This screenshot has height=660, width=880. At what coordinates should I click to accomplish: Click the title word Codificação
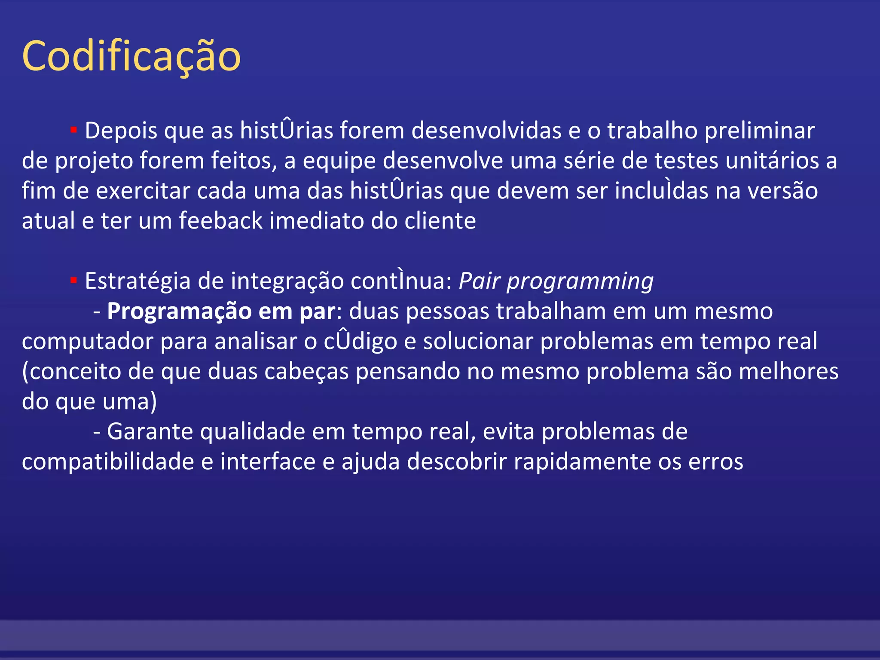[131, 57]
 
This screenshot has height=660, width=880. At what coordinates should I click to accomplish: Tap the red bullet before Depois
[73, 129]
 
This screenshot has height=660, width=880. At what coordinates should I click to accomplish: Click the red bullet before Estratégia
[73, 280]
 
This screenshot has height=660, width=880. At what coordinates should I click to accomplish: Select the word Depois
[121, 131]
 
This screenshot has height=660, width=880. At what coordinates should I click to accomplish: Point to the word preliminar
[760, 131]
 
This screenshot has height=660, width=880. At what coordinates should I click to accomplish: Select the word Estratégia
[137, 281]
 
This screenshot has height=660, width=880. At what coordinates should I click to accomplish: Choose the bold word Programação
[179, 312]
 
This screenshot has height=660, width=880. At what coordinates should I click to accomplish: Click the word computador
[88, 342]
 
